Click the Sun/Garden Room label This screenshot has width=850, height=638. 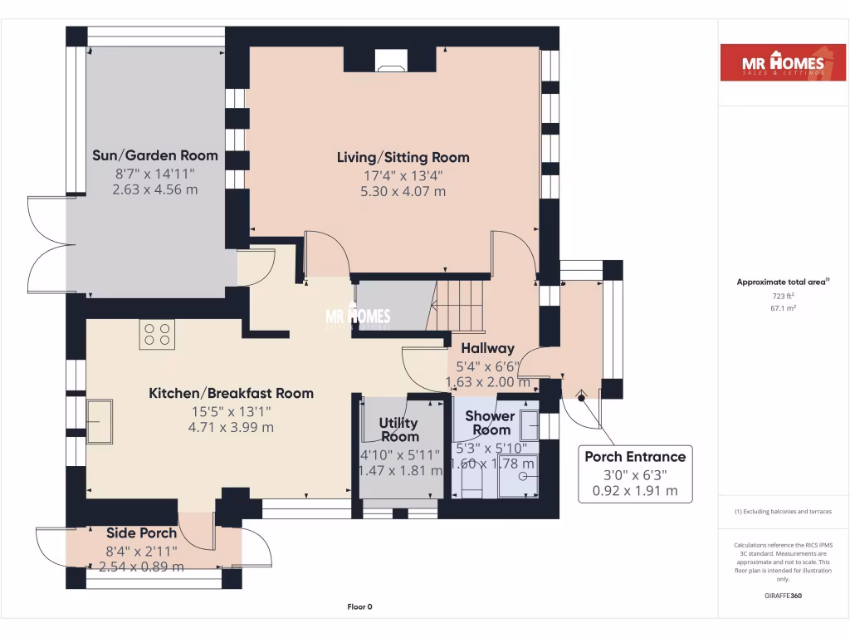coord(155,155)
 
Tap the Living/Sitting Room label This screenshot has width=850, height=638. coord(403,157)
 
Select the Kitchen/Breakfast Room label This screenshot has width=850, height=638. coord(231,393)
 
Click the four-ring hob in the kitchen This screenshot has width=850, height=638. coord(157,334)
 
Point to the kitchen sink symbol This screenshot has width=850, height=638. coord(100,421)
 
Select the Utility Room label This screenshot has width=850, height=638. coord(399,430)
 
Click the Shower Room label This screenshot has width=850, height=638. coord(491,423)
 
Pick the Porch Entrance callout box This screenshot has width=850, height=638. coord(635,474)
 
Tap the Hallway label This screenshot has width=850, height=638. coord(488,348)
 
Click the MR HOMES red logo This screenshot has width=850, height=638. coord(773,63)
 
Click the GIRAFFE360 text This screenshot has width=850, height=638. coord(782,596)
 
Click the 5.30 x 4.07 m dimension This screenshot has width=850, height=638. coord(403,191)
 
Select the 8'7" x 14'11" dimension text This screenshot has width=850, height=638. coord(155,173)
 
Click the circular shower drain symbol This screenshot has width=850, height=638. coord(523,476)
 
